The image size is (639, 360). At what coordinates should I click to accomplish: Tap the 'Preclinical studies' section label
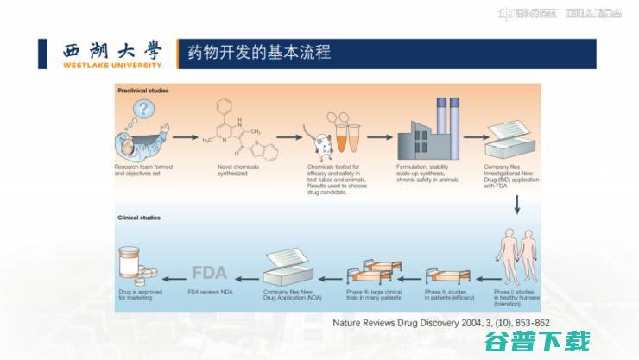(x=143, y=90)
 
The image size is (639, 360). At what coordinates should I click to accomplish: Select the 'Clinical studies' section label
(x=139, y=218)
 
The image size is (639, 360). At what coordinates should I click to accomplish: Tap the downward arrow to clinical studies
(x=516, y=204)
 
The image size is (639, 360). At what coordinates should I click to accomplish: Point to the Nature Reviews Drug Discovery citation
(x=440, y=324)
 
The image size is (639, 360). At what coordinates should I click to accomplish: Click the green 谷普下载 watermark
(x=554, y=341)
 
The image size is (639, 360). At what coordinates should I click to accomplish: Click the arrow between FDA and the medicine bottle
(x=172, y=276)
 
